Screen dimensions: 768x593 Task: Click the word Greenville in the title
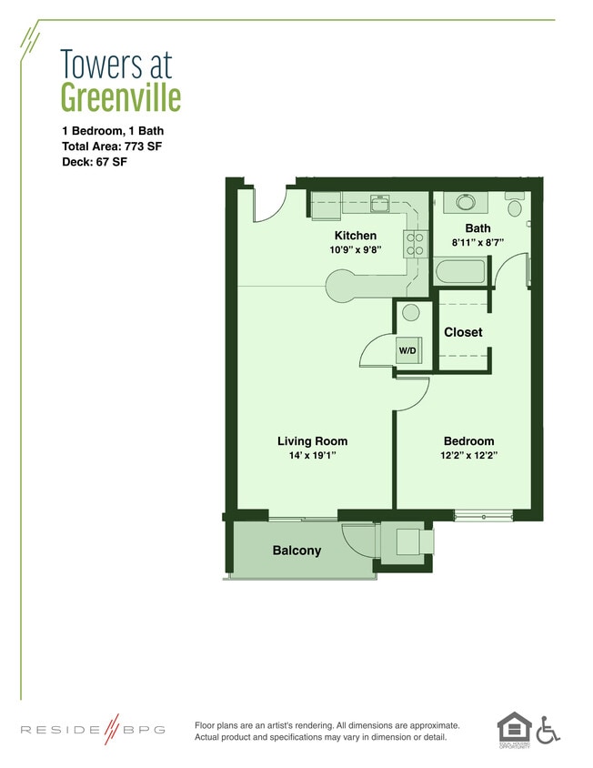coord(121,96)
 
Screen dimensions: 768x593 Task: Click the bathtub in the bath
coord(462,272)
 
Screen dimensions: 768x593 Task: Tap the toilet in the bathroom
coord(515,205)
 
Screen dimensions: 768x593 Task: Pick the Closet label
coord(463,332)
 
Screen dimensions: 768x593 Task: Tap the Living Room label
coord(312,441)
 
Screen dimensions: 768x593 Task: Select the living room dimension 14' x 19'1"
coord(312,455)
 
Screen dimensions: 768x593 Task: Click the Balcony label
coord(296,551)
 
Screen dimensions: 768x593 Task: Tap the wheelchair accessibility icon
coord(548,729)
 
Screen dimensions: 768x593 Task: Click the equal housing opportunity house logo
coord(514,727)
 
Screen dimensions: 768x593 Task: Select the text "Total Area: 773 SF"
coord(112,147)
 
